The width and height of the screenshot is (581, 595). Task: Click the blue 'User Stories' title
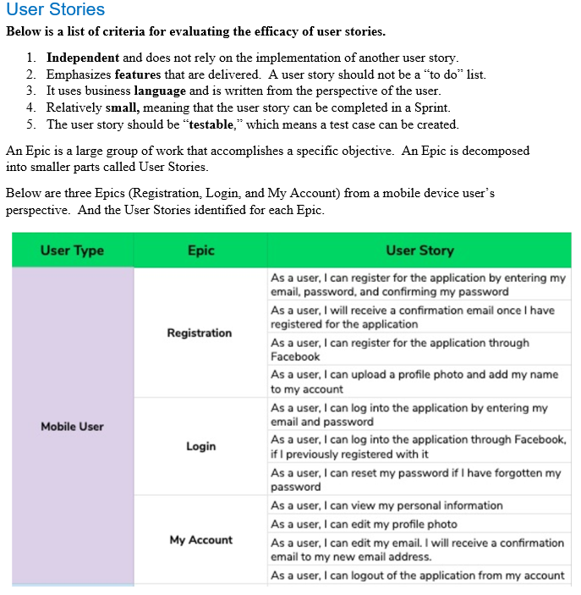click(55, 10)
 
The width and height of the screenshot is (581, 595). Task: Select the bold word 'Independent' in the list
click(83, 58)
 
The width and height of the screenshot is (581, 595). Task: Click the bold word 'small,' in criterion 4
click(128, 107)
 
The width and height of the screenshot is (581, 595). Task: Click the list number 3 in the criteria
click(30, 91)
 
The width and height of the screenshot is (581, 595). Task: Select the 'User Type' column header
click(72, 251)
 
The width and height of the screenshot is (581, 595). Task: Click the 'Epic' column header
click(200, 251)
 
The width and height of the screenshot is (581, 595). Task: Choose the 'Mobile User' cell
click(72, 427)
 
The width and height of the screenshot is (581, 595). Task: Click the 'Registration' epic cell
click(200, 333)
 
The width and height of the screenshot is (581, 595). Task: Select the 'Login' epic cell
click(200, 446)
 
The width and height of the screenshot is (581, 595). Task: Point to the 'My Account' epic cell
click(200, 540)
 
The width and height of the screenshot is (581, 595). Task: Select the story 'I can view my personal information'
click(386, 505)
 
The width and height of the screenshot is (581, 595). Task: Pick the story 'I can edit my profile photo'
click(364, 524)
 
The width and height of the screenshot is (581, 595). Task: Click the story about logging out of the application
click(417, 576)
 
